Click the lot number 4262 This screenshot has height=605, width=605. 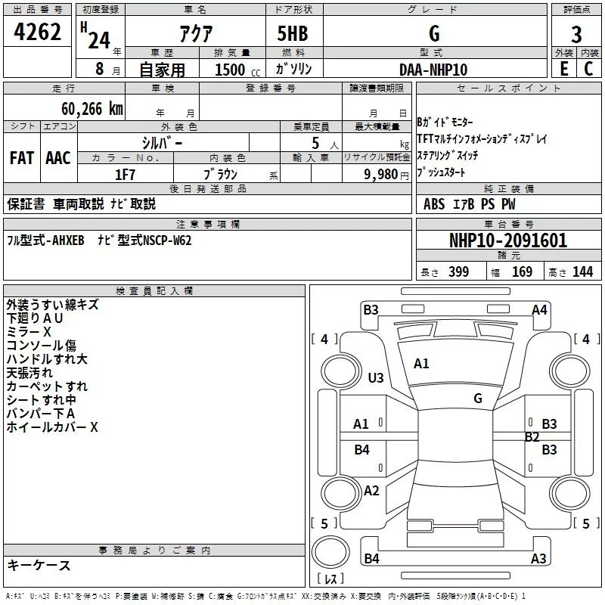[x=37, y=31]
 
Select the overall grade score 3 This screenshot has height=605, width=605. [x=576, y=35]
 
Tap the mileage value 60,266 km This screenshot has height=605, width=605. [x=92, y=109]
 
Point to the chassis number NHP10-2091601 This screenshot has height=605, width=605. [x=508, y=240]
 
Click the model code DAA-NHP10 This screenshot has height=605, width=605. [x=433, y=70]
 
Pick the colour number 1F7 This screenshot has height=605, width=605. [x=125, y=175]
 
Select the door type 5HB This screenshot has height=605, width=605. [x=293, y=33]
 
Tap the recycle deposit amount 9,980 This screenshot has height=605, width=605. [x=381, y=175]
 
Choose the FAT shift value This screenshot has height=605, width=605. [x=22, y=158]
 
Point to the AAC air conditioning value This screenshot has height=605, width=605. [x=58, y=158]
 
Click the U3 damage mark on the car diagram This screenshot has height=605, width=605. [x=375, y=377]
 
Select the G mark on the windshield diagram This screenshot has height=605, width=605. [x=478, y=399]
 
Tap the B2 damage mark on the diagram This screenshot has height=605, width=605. [x=532, y=437]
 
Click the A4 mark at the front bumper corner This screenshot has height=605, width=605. [x=539, y=310]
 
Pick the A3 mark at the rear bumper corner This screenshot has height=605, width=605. [x=538, y=558]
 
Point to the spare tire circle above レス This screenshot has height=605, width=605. [x=330, y=551]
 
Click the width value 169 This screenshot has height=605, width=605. [x=522, y=271]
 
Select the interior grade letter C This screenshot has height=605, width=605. [x=588, y=69]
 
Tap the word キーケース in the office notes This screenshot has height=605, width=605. [x=39, y=565]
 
